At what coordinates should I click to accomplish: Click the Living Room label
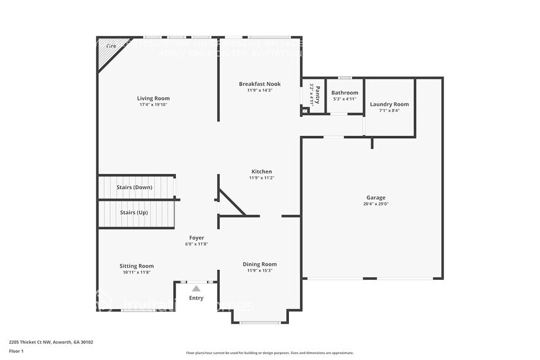tap(153, 98)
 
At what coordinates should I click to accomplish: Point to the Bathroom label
tap(345, 93)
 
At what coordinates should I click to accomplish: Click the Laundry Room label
tap(389, 104)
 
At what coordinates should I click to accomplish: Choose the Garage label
tap(376, 198)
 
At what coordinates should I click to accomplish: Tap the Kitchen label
tap(261, 171)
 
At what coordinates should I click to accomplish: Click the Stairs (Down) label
tap(135, 187)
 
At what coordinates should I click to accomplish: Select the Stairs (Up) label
tap(133, 212)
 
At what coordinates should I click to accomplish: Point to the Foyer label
tap(197, 238)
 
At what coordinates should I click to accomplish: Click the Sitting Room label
tap(137, 266)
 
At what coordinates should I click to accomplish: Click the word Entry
tap(196, 298)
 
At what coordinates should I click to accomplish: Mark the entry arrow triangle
tap(196, 288)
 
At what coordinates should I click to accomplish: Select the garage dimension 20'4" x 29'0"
tap(376, 204)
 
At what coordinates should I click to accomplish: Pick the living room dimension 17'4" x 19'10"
tap(153, 105)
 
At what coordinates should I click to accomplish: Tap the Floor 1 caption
tap(16, 351)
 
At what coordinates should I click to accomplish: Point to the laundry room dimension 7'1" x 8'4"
tap(389, 111)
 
